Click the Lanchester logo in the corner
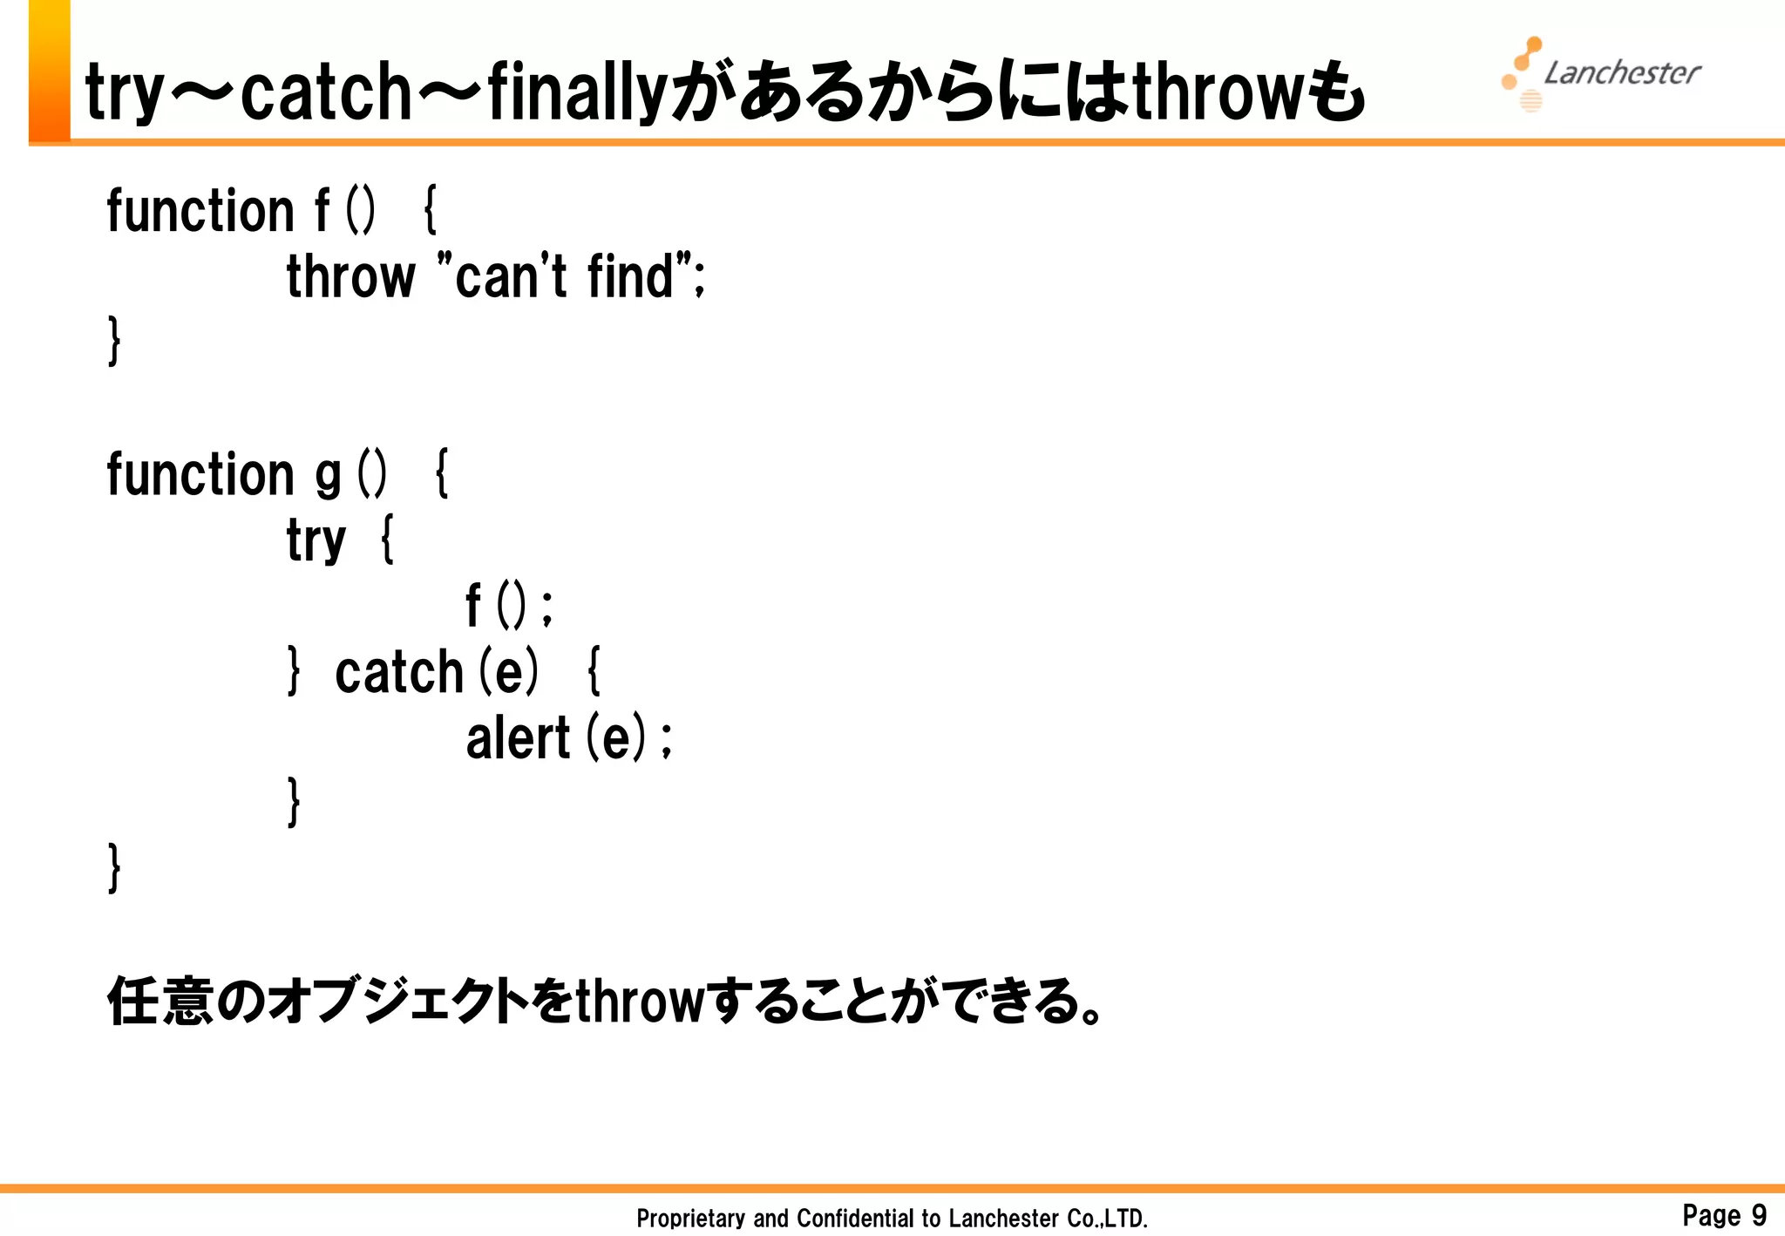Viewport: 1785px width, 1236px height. click(1601, 74)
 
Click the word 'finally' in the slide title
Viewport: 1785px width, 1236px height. click(576, 92)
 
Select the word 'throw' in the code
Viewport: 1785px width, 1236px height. click(350, 276)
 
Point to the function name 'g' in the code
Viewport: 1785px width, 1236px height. click(327, 475)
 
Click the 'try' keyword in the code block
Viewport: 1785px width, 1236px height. click(316, 540)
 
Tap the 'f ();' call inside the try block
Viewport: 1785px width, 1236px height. click(509, 606)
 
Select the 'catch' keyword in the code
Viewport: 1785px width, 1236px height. click(398, 672)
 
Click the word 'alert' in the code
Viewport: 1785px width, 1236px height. click(518, 738)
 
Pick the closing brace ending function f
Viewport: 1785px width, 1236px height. click(114, 341)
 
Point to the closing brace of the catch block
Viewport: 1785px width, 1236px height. click(295, 802)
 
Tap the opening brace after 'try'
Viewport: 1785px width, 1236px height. click(388, 540)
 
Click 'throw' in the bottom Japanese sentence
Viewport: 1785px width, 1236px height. click(639, 1001)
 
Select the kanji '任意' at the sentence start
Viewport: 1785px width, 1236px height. click(160, 1001)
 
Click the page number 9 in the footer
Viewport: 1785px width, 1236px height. click(1758, 1214)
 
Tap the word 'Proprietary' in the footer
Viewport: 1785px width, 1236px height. click(690, 1218)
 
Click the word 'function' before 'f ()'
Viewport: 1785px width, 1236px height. click(200, 211)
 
